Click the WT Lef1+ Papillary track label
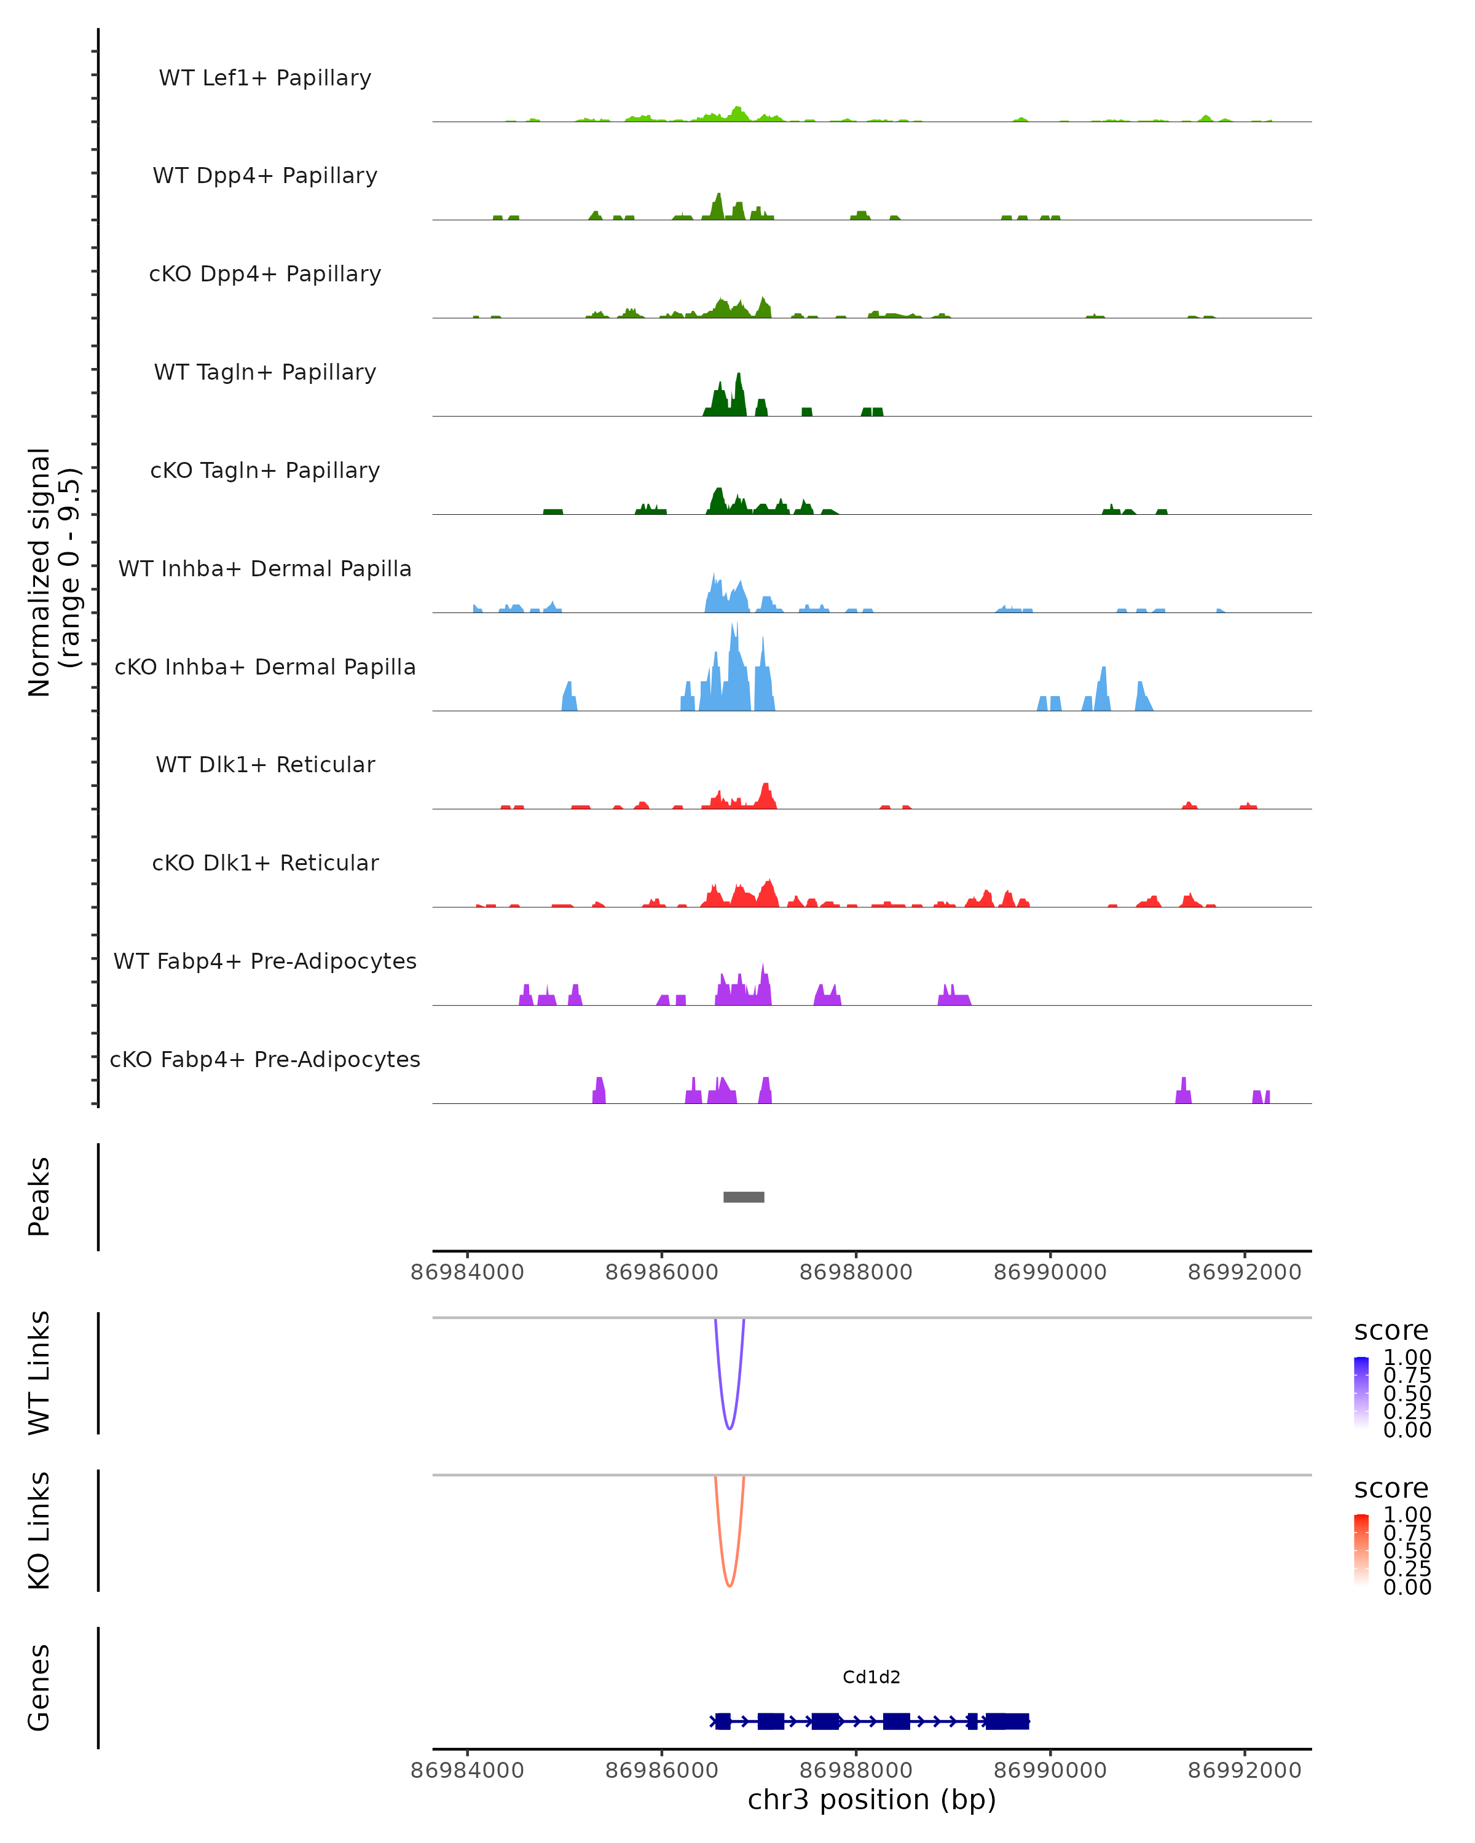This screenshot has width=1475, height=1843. tap(265, 78)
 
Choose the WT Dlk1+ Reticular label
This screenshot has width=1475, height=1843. tap(265, 764)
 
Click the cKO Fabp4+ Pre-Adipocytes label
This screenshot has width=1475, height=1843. tap(265, 1059)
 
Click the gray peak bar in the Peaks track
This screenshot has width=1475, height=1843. tap(743, 1197)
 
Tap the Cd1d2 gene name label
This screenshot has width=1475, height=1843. tap(871, 1677)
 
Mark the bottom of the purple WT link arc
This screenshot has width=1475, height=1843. tap(730, 1428)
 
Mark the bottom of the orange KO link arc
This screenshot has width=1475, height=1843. tap(730, 1585)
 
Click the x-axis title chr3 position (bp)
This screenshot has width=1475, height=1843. tap(871, 1799)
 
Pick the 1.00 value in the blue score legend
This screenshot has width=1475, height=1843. tap(1407, 1358)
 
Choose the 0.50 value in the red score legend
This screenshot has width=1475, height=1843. tap(1407, 1551)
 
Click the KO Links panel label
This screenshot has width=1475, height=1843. tap(39, 1530)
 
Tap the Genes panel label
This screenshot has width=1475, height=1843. tap(39, 1688)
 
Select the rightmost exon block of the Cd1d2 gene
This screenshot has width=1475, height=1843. tap(1007, 1721)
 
